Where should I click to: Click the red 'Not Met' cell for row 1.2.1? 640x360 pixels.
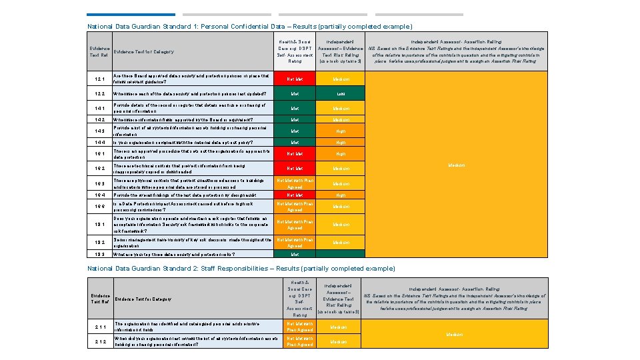point(295,79)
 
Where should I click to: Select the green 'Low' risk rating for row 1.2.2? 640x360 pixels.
point(341,95)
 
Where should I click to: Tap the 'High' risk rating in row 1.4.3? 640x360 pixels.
point(341,131)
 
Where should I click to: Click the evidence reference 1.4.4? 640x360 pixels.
point(100,143)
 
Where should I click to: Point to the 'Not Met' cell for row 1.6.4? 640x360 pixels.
point(295,195)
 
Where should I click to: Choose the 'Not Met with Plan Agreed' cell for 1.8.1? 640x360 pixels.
point(295,225)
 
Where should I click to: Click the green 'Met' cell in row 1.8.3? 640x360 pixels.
point(295,254)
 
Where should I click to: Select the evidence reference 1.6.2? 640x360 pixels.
point(100,169)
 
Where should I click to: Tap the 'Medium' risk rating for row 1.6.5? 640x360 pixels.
point(341,207)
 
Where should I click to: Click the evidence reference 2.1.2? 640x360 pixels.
point(100,341)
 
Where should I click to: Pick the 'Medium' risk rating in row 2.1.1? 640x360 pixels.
point(339,327)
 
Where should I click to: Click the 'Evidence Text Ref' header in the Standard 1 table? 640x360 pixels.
point(99,51)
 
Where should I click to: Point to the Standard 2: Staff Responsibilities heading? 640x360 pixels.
point(241,268)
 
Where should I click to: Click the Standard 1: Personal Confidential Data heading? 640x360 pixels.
point(249,27)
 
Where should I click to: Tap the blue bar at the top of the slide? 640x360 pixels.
point(131,14)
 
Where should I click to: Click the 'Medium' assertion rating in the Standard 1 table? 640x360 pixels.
point(455,165)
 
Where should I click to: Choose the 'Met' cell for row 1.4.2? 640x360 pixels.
point(295,119)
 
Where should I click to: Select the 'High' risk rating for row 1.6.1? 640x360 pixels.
point(341,154)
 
